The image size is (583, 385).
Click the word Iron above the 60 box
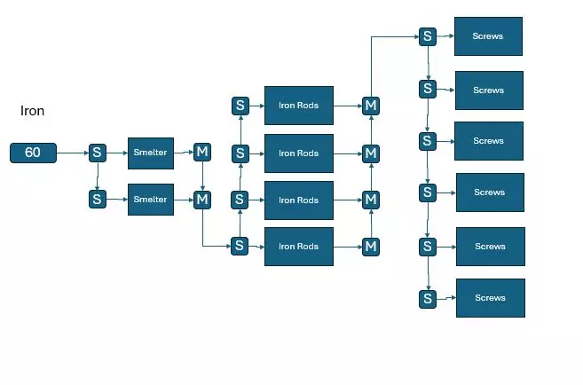coord(32,111)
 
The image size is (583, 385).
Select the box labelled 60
coord(33,153)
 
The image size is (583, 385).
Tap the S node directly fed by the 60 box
coord(97,153)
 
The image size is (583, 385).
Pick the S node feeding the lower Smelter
coord(97,200)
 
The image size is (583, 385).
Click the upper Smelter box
coord(150,153)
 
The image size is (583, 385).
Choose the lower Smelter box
coord(150,200)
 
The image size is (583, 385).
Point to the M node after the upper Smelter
coord(202,152)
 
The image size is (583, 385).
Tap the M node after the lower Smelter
coord(202,200)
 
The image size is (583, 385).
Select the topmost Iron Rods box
coord(298,106)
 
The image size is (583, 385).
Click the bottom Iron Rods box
coord(298,247)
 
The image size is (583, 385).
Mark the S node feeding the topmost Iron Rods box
coord(240,106)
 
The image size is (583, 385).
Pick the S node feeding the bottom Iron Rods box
coord(240,246)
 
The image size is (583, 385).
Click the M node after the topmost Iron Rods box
coord(371,106)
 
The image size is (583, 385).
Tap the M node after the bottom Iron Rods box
coord(371,246)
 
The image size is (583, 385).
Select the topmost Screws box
coord(488,36)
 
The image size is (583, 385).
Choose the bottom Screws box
coord(490,298)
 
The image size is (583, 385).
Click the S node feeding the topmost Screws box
coord(428,36)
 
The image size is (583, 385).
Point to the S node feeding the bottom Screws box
coord(429,298)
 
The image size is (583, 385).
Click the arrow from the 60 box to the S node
coord(72,153)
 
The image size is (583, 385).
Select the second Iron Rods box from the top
coord(298,153)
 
